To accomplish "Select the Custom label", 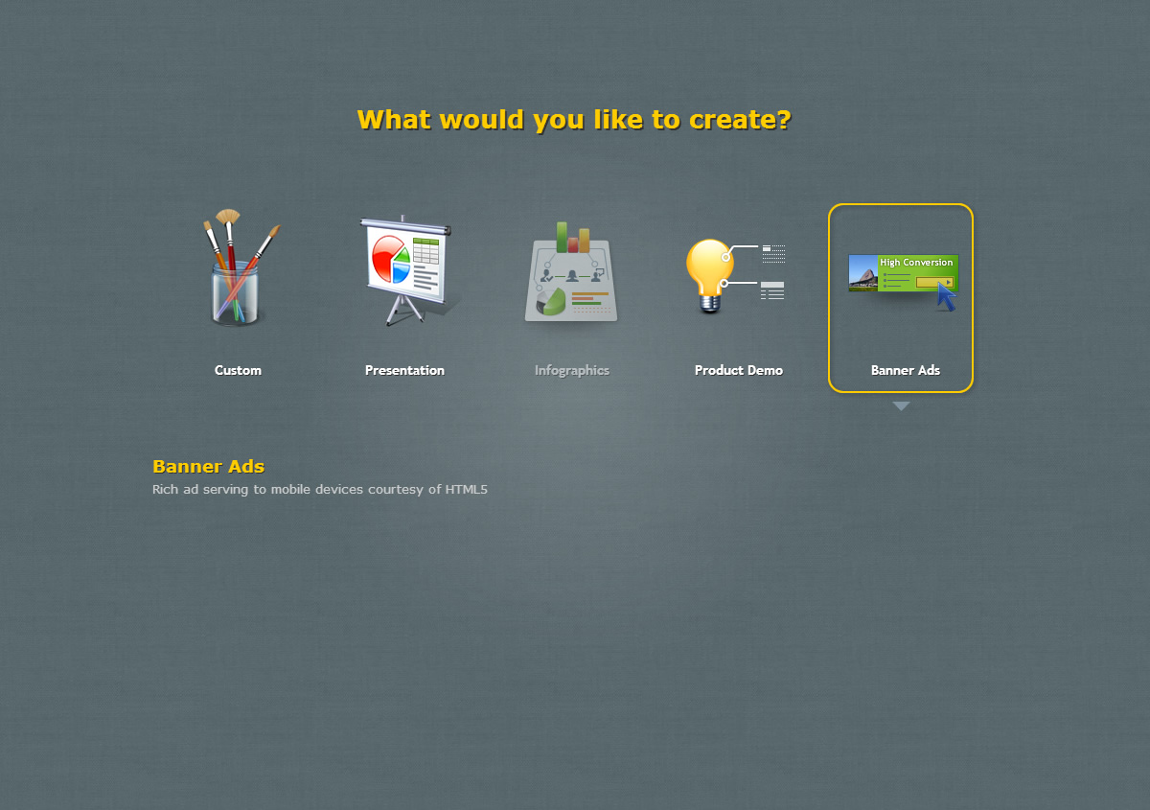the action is point(238,370).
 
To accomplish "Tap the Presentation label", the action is point(404,370).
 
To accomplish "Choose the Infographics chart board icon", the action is point(571,272).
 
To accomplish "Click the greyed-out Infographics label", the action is point(572,370).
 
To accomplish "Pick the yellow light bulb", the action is point(710,275).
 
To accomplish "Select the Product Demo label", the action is point(739,370).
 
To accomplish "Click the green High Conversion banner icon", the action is point(904,274).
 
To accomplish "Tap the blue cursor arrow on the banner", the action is point(946,296).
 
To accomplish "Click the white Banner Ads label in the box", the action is point(905,370).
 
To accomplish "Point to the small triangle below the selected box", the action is point(901,405).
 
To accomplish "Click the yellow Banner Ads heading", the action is point(209,467).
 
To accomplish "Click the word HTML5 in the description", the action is point(466,490).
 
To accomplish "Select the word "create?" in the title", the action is point(740,120).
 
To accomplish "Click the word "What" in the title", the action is point(394,120).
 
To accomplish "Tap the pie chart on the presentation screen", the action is point(391,260).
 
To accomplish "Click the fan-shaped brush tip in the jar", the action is point(227,216).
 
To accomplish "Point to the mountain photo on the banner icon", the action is point(863,273).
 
